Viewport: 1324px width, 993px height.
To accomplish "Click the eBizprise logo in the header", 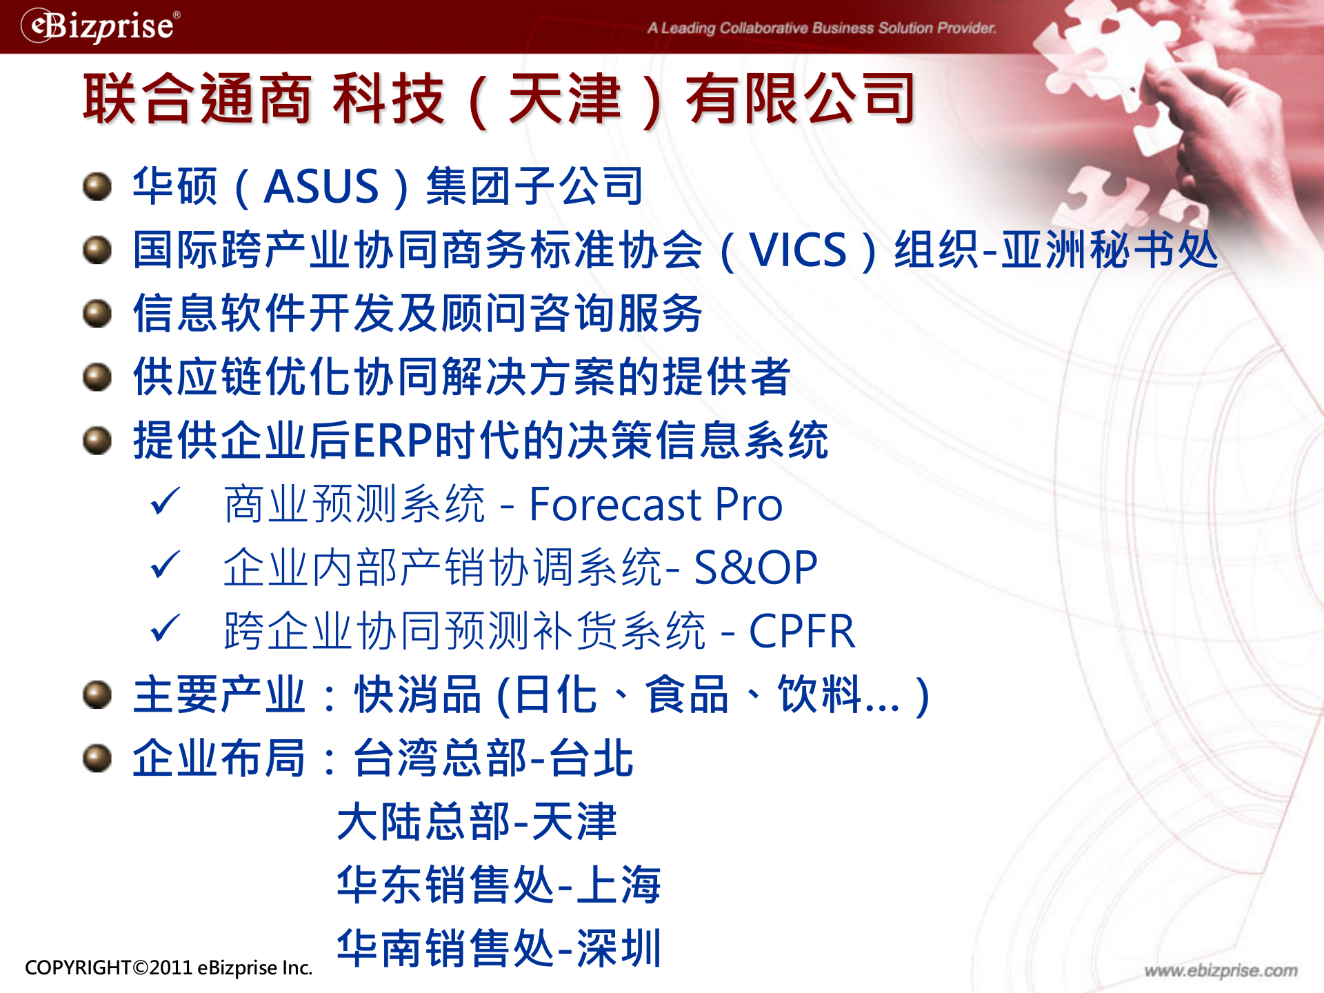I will [x=101, y=26].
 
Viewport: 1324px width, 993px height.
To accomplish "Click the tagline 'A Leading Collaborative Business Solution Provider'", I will [x=821, y=28].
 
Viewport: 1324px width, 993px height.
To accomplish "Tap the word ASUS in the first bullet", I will [x=321, y=186].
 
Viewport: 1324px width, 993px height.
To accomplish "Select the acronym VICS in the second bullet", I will [x=798, y=250].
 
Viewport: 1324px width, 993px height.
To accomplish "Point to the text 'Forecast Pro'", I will [x=655, y=504].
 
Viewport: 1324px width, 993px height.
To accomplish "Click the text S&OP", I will [x=755, y=568].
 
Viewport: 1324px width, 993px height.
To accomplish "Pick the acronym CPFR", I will [x=801, y=631].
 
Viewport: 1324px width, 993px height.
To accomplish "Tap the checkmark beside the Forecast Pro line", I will [x=165, y=501].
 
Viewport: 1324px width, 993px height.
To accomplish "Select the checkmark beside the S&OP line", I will [x=165, y=565].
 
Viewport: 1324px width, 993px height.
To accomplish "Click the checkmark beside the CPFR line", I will [x=165, y=628].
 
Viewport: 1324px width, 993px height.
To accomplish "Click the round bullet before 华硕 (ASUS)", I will [x=97, y=186].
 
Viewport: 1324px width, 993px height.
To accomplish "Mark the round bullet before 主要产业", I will [x=97, y=694].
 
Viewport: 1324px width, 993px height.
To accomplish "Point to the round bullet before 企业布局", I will [x=97, y=758].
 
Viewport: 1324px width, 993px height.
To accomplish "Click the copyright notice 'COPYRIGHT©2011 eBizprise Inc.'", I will [x=168, y=967].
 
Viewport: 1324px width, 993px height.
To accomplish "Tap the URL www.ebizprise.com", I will [x=1221, y=970].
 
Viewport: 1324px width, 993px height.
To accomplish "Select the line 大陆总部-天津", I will [x=477, y=821].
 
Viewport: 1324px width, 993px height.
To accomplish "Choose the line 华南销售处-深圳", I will [x=499, y=948].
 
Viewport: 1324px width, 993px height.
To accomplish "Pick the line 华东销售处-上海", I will [x=499, y=885].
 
